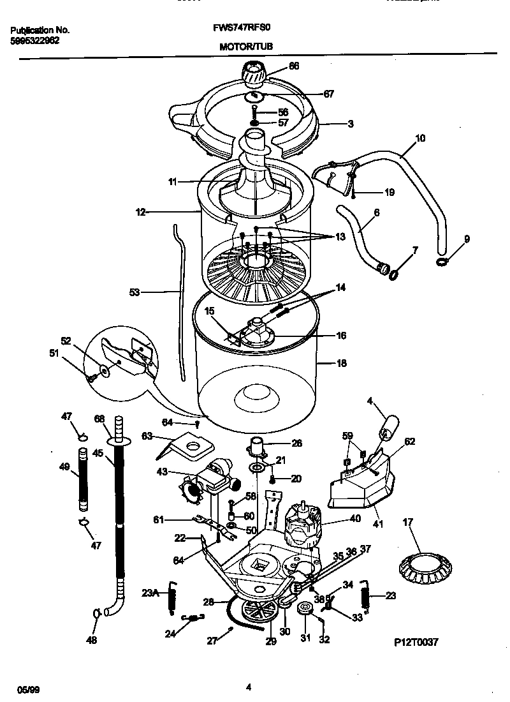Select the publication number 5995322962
point(36,40)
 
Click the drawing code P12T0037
point(416,643)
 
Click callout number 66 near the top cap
point(294,65)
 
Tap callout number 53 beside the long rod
point(134,292)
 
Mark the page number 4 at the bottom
point(249,687)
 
